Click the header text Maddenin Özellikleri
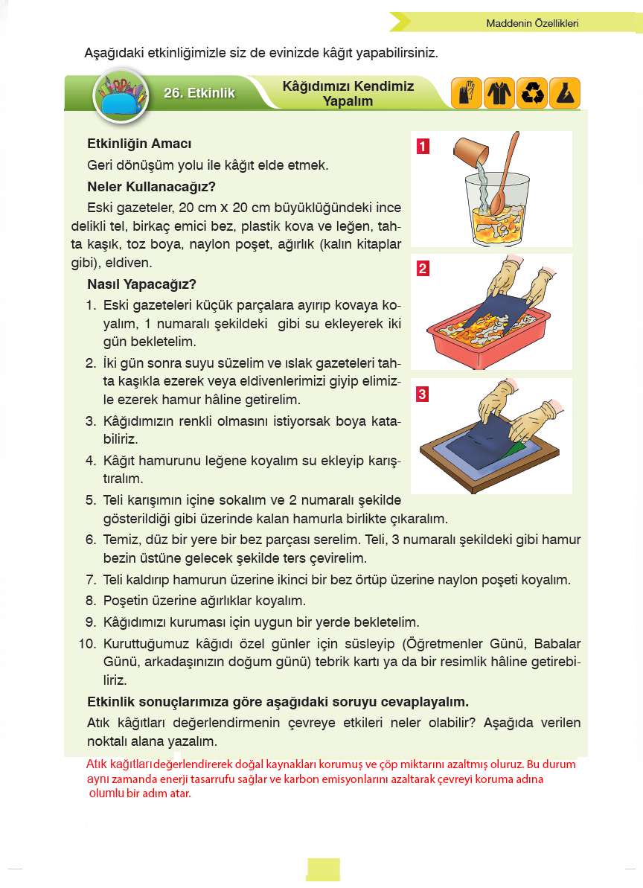(x=531, y=23)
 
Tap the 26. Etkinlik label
(x=199, y=93)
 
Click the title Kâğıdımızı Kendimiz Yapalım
(x=348, y=93)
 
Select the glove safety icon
(x=467, y=94)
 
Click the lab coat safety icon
(x=499, y=94)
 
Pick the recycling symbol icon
(x=532, y=94)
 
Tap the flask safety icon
(x=565, y=94)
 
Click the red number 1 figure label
(x=422, y=146)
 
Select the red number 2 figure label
(x=422, y=269)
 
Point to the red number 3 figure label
(x=422, y=394)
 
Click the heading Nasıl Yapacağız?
(x=141, y=284)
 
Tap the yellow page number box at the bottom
(x=323, y=869)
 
